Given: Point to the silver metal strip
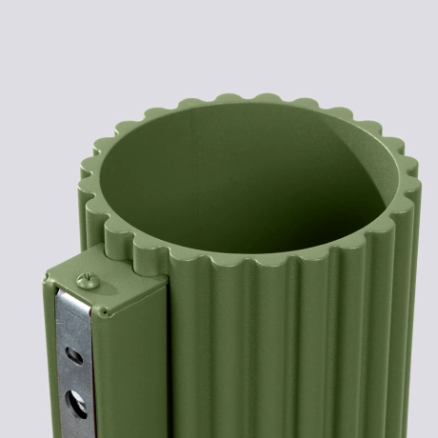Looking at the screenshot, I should (71, 371).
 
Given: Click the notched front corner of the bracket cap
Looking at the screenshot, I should (100, 310).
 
